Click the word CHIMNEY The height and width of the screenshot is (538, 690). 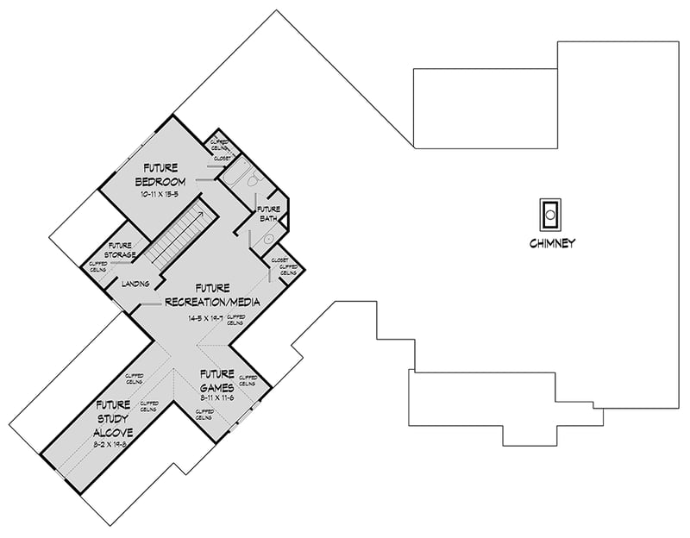pyautogui.click(x=551, y=243)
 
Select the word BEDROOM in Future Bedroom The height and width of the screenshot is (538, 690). pyautogui.click(x=160, y=182)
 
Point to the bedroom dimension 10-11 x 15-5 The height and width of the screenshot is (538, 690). pyautogui.click(x=160, y=196)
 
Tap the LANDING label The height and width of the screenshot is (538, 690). pyautogui.click(x=136, y=283)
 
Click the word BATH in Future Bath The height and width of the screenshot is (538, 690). pyautogui.click(x=268, y=219)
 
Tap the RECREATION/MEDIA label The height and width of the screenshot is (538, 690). pyautogui.click(x=211, y=301)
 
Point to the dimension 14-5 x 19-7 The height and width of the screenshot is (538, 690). pyautogui.click(x=205, y=317)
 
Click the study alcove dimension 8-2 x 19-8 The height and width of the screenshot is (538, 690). pyautogui.click(x=114, y=445)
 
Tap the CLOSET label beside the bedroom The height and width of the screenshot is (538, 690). pyautogui.click(x=223, y=159)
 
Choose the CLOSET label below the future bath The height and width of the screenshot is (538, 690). pyautogui.click(x=279, y=260)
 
